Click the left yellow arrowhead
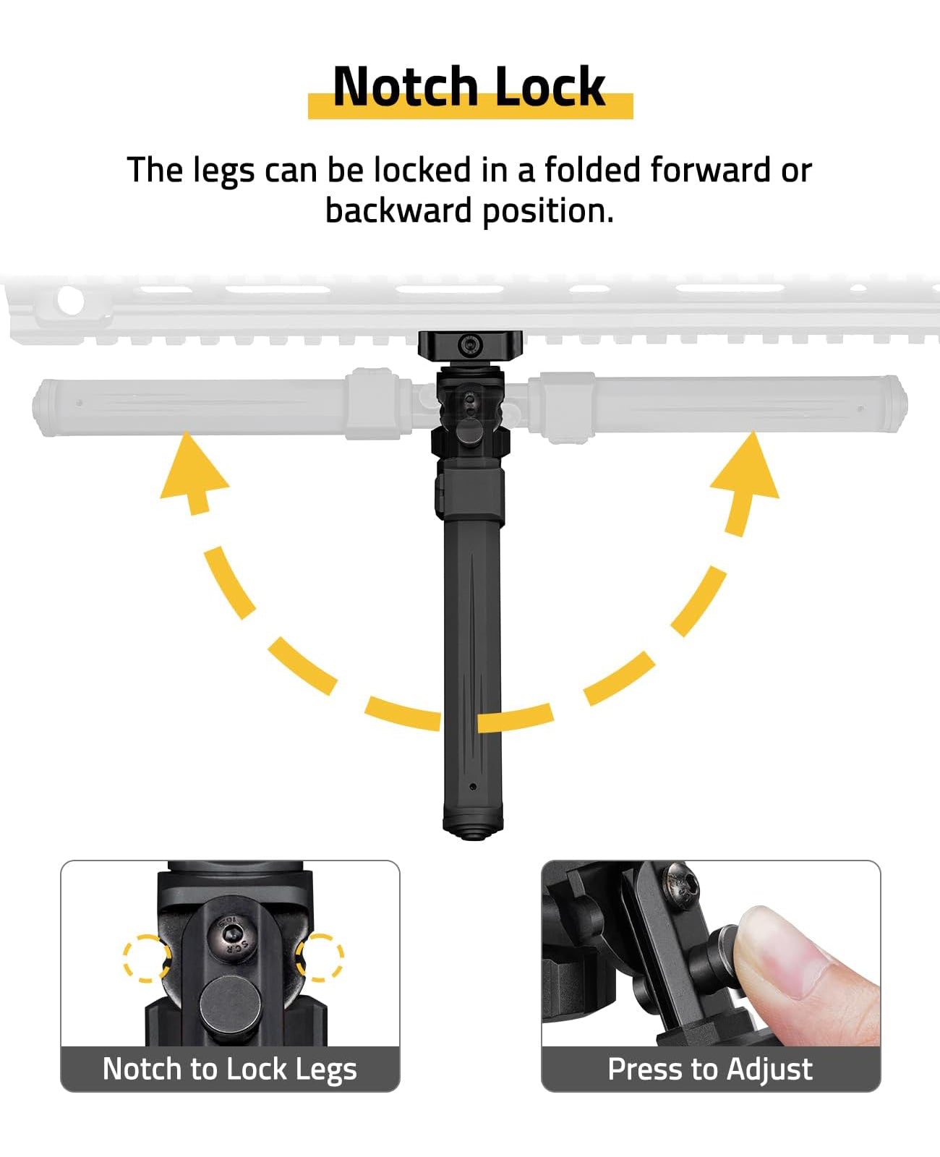[x=193, y=471]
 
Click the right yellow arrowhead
[x=746, y=471]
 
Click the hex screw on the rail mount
[x=471, y=345]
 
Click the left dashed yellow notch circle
[x=146, y=958]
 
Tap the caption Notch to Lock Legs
[x=230, y=1069]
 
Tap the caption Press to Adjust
[x=710, y=1069]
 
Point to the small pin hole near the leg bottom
[x=472, y=787]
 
